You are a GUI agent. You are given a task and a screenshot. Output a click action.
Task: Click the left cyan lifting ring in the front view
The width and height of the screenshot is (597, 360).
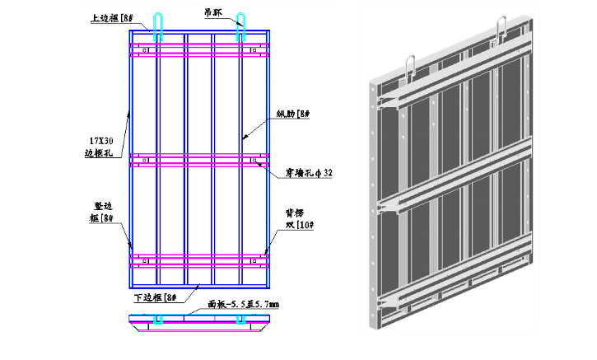click(x=158, y=26)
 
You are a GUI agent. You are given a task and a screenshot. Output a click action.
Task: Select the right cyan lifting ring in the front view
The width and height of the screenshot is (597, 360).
click(x=240, y=26)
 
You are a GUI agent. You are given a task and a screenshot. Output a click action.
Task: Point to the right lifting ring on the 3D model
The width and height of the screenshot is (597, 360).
click(x=502, y=28)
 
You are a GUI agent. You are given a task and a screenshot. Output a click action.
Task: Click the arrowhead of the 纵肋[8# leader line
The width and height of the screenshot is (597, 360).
click(x=244, y=139)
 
